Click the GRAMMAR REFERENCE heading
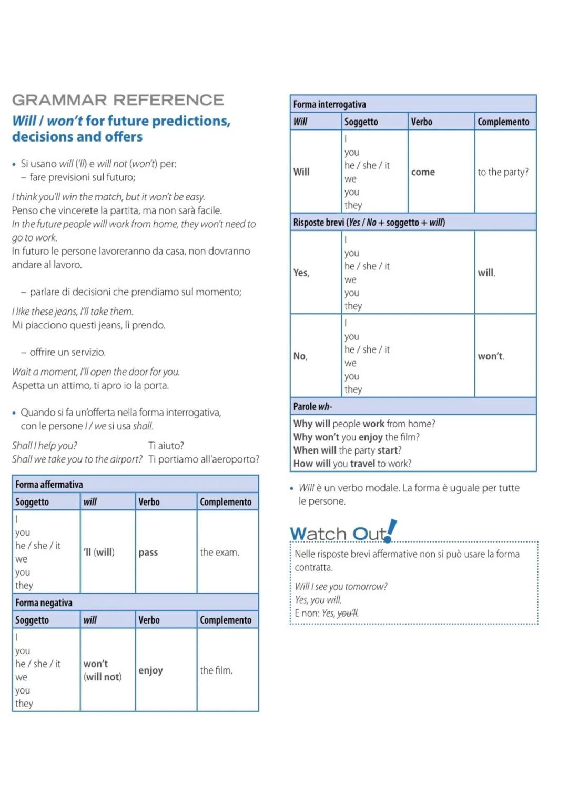(x=118, y=100)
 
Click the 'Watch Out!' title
(x=342, y=533)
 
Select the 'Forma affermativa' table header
(x=49, y=484)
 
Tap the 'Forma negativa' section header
(x=44, y=603)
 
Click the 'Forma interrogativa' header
(x=329, y=104)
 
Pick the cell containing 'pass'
(x=148, y=553)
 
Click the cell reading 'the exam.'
(x=219, y=553)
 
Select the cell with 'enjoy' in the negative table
(x=150, y=670)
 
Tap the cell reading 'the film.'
(x=216, y=670)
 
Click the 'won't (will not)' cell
(x=103, y=670)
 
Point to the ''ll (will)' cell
(x=99, y=553)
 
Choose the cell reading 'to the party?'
(x=503, y=172)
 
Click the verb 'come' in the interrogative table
(x=423, y=172)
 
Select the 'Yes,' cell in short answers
(x=301, y=273)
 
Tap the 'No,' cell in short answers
(x=300, y=356)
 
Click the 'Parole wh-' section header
(x=312, y=406)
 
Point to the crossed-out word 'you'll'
(x=347, y=613)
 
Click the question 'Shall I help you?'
(x=45, y=446)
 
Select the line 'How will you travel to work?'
(x=352, y=464)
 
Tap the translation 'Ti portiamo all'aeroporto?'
(x=204, y=459)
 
